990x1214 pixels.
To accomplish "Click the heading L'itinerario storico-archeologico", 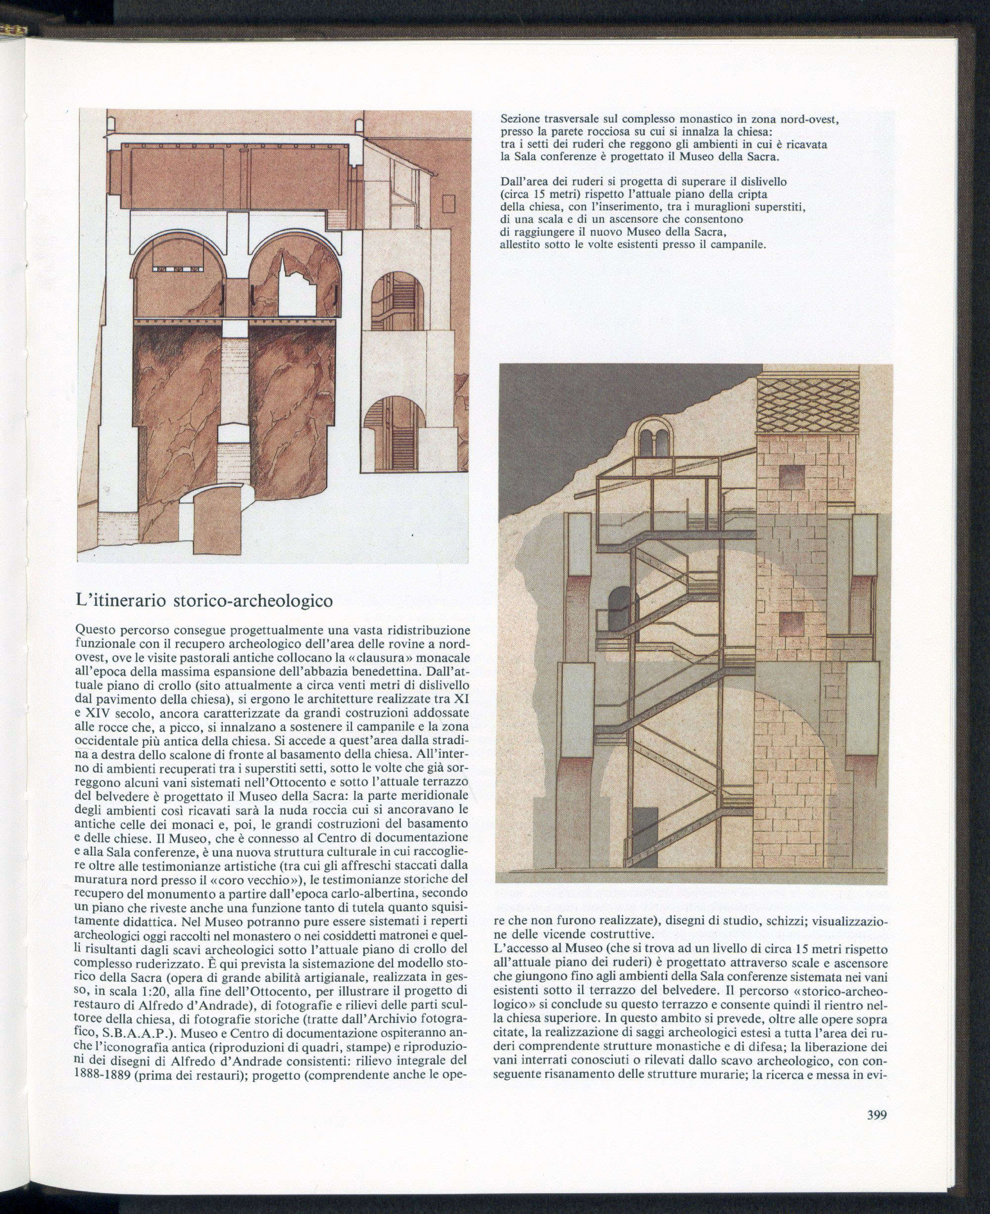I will tap(203, 600).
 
